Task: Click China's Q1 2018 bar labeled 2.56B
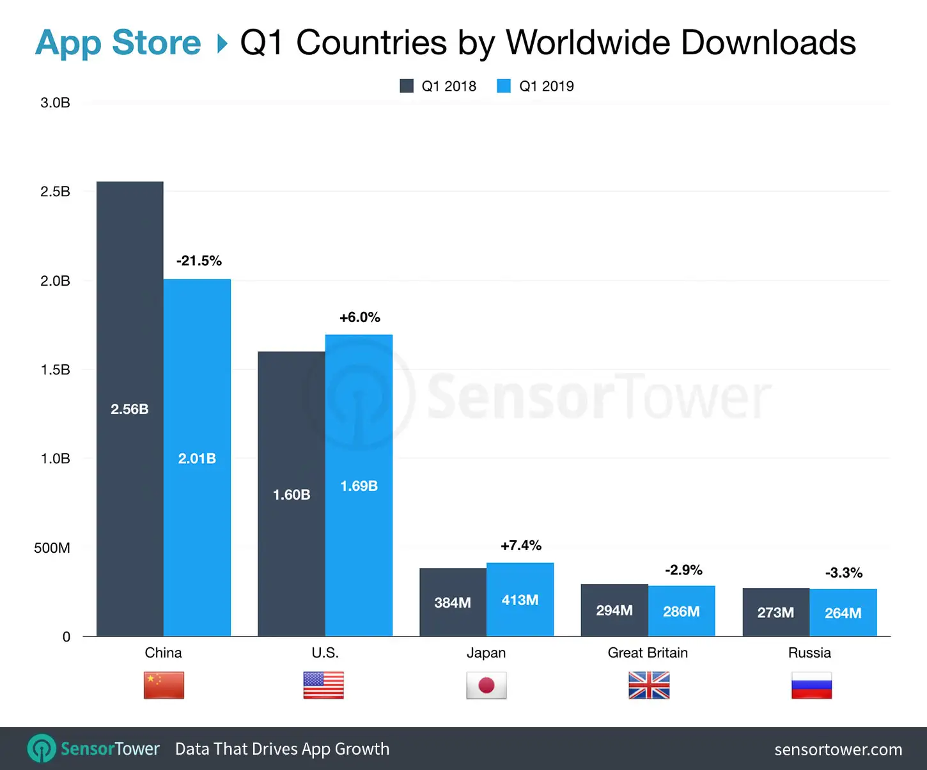pos(130,409)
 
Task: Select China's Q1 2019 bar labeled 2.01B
pos(197,458)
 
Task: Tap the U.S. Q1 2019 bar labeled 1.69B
pos(359,485)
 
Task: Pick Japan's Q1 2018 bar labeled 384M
pos(453,602)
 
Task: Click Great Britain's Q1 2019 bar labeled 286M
pos(682,611)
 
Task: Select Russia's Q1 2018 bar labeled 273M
pos(775,612)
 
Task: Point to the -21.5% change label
pos(199,261)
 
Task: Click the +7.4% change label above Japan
pos(521,545)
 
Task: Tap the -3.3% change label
pos(843,573)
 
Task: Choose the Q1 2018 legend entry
pos(439,86)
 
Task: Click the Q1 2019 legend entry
pos(536,86)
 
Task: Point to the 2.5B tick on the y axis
pos(55,192)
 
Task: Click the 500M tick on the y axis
pos(52,548)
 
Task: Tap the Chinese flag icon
pos(164,685)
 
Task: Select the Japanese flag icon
pos(487,685)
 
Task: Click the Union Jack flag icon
pos(649,685)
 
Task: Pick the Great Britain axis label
pos(648,652)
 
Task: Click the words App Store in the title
pos(118,43)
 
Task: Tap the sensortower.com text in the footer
pos(838,749)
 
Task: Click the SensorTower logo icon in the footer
pos(42,748)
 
